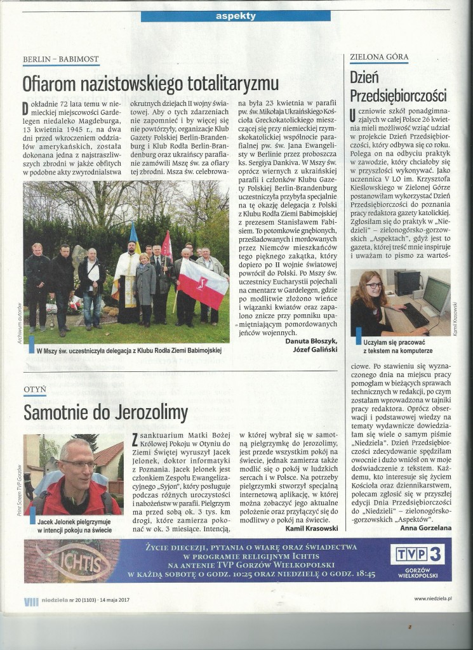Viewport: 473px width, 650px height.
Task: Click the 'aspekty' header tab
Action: pyautogui.click(x=236, y=15)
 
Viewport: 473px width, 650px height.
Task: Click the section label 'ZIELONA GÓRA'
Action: pyautogui.click(x=379, y=56)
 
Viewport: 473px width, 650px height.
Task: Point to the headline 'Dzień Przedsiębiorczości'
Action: pyautogui.click(x=398, y=86)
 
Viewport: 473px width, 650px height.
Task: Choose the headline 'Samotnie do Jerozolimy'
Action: pyautogui.click(x=105, y=412)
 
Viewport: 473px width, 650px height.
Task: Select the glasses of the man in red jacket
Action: pyautogui.click(x=78, y=464)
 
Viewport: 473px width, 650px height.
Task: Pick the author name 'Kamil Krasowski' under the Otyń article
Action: pyautogui.click(x=314, y=529)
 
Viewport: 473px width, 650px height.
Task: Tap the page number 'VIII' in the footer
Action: pyautogui.click(x=31, y=600)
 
